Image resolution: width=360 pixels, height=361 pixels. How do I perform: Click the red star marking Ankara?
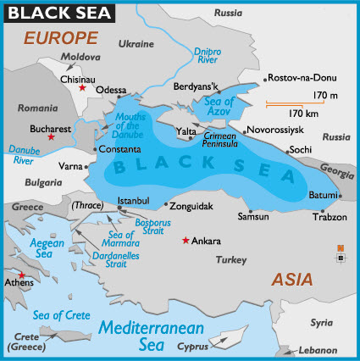pyautogui.click(x=186, y=241)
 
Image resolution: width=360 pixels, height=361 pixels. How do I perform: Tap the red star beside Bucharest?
pyautogui.click(x=52, y=136)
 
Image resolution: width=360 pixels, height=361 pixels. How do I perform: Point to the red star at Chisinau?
pyautogui.click(x=82, y=88)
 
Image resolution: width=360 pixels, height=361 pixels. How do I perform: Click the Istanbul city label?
pyautogui.click(x=133, y=200)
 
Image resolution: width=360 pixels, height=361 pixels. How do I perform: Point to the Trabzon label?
pyautogui.click(x=330, y=217)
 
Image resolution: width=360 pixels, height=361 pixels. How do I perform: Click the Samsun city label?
pyautogui.click(x=253, y=218)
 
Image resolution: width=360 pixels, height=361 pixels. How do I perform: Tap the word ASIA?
pyautogui.click(x=291, y=279)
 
